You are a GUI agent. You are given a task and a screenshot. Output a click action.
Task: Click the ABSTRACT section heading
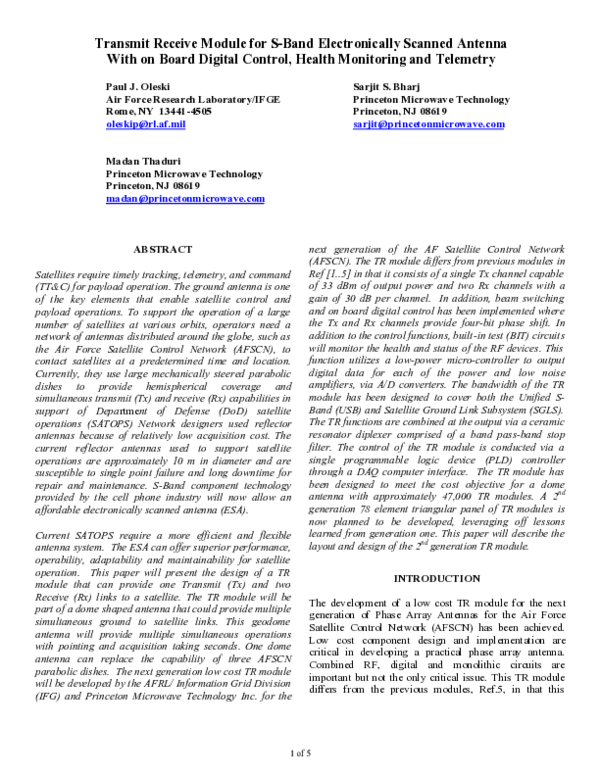tap(163, 249)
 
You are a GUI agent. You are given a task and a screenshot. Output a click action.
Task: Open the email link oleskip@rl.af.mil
tap(145, 124)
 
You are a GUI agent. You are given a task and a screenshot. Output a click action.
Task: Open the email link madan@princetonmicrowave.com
tap(185, 197)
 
